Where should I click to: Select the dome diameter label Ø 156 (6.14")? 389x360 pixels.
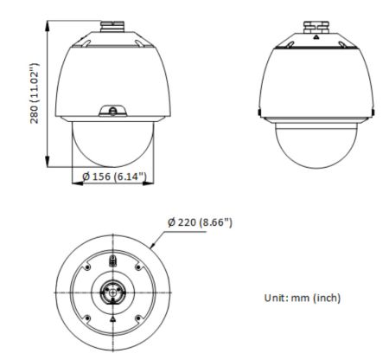[113, 177]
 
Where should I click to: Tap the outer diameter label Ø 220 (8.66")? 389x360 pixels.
[200, 222]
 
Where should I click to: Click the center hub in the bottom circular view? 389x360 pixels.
[112, 292]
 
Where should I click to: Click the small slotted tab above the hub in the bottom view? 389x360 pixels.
[112, 260]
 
